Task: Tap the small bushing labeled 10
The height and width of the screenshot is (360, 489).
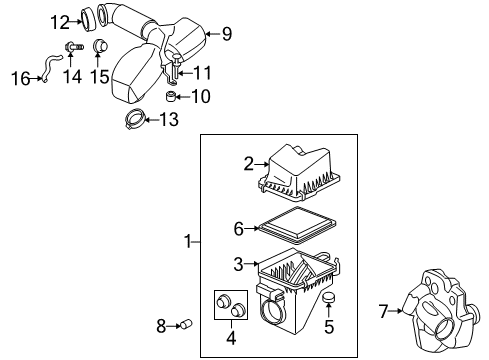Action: click(171, 96)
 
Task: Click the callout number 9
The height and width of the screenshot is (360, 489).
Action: click(226, 35)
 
